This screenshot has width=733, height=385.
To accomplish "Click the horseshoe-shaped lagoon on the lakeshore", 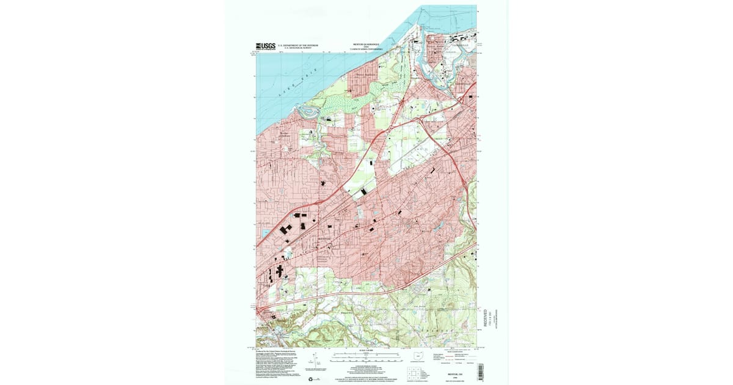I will tap(308, 112).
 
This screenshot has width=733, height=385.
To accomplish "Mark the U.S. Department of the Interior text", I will tap(299, 45).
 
